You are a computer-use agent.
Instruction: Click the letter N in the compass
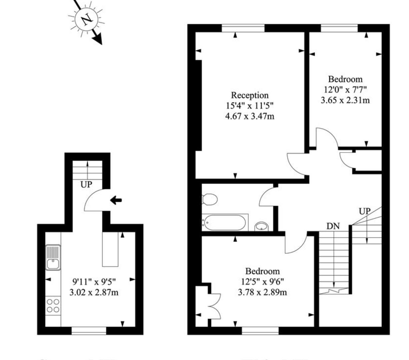[87, 20]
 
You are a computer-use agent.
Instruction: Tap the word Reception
[250, 96]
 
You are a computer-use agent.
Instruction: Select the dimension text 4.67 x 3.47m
[250, 116]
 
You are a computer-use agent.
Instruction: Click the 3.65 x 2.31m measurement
[345, 100]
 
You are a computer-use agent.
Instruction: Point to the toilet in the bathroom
[210, 199]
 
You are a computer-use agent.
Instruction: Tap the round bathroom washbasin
[261, 227]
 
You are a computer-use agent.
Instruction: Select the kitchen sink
[53, 258]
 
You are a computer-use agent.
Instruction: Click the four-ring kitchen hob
[53, 306]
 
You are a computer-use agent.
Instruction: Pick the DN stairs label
[333, 226]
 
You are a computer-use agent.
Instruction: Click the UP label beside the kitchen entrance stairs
[86, 184]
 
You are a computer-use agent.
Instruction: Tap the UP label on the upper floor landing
[364, 211]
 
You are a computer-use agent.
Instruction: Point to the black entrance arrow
[116, 200]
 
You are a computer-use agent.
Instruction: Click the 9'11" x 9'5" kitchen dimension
[94, 282]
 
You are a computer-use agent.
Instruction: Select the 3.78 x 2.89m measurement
[262, 292]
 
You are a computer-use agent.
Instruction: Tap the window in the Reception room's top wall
[243, 28]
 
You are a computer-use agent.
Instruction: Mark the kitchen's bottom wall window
[89, 331]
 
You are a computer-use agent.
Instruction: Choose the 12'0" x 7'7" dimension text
[345, 90]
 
